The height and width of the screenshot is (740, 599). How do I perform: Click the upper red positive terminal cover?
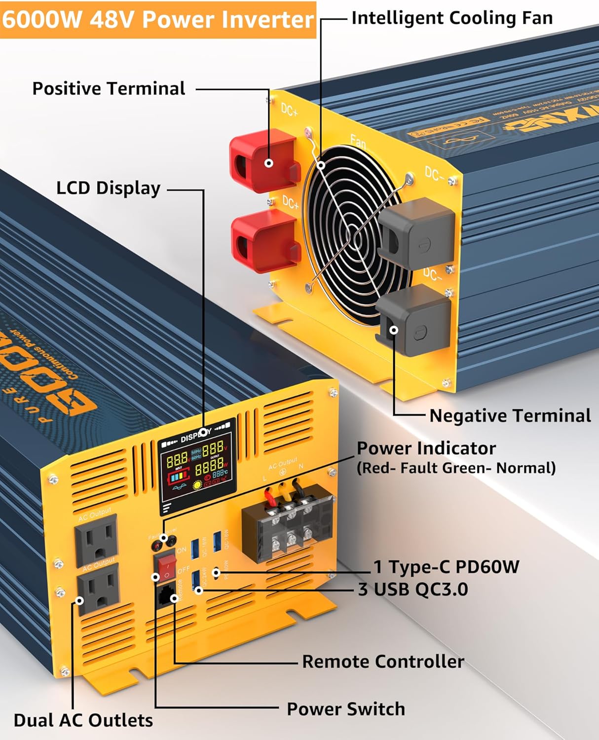tap(264, 160)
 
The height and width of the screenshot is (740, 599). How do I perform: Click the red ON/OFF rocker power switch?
tap(166, 567)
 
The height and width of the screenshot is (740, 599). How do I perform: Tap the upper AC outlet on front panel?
tap(96, 539)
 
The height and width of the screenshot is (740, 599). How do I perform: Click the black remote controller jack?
tap(167, 594)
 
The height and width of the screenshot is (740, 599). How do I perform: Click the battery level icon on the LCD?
tap(179, 477)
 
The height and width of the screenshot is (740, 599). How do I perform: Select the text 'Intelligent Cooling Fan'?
tap(451, 18)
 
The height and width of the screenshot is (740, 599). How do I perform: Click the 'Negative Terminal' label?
tap(510, 415)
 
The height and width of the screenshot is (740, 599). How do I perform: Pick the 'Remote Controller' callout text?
tap(383, 662)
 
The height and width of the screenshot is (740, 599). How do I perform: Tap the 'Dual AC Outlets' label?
tap(83, 720)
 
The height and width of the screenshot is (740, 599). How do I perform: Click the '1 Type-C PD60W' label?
tap(446, 567)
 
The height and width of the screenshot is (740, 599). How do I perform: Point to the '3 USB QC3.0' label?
tap(413, 589)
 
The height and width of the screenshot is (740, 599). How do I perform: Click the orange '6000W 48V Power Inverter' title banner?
tap(158, 20)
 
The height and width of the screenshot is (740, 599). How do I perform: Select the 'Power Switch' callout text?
tap(345, 709)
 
